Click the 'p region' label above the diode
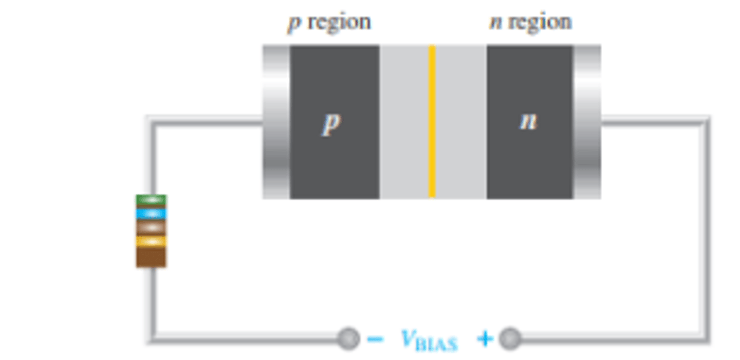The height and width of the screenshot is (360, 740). pyautogui.click(x=329, y=23)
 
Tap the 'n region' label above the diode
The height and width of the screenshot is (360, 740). pyautogui.click(x=530, y=23)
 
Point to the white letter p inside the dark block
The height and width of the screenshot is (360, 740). pyautogui.click(x=330, y=124)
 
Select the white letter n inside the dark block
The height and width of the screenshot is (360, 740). pyautogui.click(x=528, y=122)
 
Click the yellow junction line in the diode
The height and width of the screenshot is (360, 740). pyautogui.click(x=432, y=121)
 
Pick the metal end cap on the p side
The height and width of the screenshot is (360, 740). pyautogui.click(x=276, y=121)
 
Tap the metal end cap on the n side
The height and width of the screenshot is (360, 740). pyautogui.click(x=587, y=121)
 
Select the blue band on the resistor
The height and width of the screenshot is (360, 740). pyautogui.click(x=151, y=213)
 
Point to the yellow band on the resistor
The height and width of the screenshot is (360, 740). pyautogui.click(x=151, y=241)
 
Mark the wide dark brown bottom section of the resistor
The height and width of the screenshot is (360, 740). pyautogui.click(x=151, y=256)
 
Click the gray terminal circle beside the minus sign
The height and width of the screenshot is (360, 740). pyautogui.click(x=348, y=339)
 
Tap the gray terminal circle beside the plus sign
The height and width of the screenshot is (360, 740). pyautogui.click(x=510, y=339)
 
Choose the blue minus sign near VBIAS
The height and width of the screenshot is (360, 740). pyautogui.click(x=375, y=339)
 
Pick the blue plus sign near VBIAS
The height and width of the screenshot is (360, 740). pyautogui.click(x=485, y=339)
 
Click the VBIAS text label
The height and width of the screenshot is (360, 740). pyautogui.click(x=429, y=339)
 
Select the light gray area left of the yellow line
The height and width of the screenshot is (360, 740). pyautogui.click(x=404, y=121)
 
